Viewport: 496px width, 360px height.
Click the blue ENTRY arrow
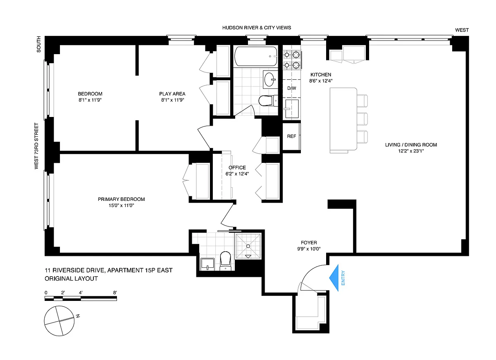pos(334,278)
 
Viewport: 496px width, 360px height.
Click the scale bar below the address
pos(81,298)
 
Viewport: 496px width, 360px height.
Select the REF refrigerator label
pos(291,136)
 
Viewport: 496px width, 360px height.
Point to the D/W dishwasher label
pos(292,88)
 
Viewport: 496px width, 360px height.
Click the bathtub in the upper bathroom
pos(256,56)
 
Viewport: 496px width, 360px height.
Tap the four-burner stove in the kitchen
pos(292,60)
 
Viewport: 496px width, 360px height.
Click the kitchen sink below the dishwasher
pos(292,108)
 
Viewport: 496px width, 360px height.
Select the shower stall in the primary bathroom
pos(248,246)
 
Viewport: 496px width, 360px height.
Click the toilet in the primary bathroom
pos(225,261)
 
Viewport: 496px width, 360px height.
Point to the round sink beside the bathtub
pos(270,79)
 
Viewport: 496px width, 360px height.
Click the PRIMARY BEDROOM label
pos(122,199)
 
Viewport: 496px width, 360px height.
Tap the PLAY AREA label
pos(172,94)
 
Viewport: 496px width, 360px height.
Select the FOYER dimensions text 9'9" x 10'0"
pos(309,249)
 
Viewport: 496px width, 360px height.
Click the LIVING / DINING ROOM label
pos(411,145)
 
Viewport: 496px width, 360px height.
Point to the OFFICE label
pos(237,168)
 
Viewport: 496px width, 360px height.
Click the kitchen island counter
pos(343,119)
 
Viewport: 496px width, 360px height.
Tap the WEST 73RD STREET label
pos(36,146)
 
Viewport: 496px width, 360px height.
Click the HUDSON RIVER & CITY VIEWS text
pos(257,28)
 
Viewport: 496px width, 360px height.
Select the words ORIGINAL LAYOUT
pos(71,279)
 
